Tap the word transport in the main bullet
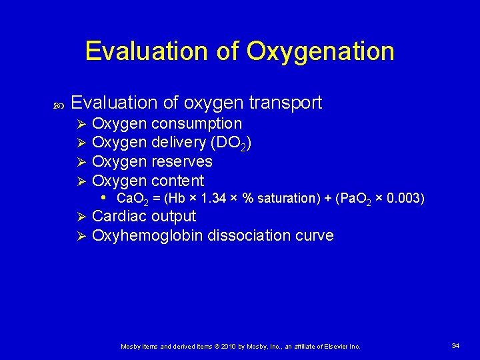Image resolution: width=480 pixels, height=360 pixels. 285,103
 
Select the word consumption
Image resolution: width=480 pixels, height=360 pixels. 197,124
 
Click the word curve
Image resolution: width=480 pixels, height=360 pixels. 315,235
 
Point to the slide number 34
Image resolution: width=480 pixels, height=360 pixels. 455,345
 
